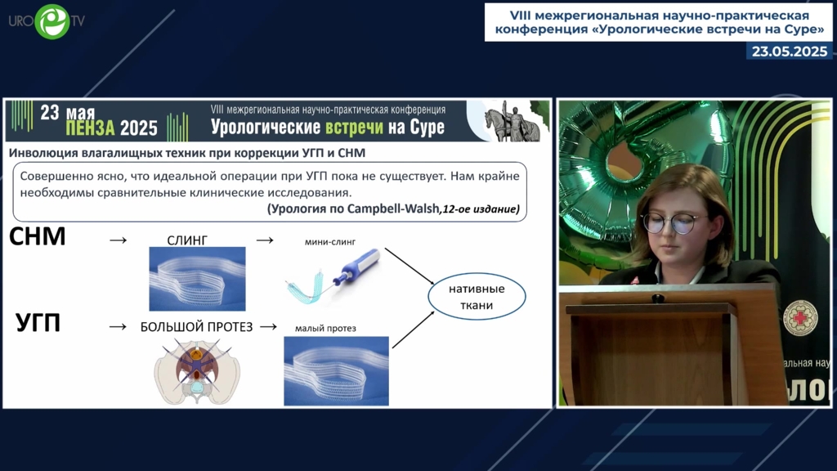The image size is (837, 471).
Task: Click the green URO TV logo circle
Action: tap(51, 21)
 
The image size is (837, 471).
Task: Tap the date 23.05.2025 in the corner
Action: tap(790, 52)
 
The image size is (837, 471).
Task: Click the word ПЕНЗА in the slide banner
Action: tap(90, 128)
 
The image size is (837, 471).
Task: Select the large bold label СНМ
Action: tap(38, 236)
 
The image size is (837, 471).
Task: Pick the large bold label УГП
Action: tap(38, 322)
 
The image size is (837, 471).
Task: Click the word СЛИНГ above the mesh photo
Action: tap(187, 240)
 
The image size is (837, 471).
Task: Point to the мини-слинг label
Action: tap(330, 242)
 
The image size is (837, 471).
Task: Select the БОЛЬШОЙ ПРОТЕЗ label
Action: tap(196, 327)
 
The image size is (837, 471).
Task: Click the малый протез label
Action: tap(325, 328)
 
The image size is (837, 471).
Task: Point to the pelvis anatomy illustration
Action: tap(197, 371)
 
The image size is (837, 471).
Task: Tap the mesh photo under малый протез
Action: tap(336, 371)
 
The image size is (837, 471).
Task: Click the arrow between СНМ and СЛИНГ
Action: tap(118, 241)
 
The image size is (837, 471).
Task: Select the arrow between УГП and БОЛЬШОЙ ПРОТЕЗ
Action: tap(118, 327)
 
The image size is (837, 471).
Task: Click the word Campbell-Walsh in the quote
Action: tap(393, 209)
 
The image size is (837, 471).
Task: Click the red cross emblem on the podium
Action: tap(800, 318)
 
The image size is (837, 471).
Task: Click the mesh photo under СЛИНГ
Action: tap(198, 279)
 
